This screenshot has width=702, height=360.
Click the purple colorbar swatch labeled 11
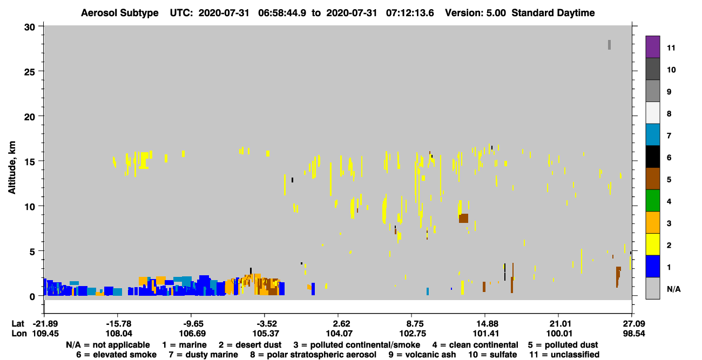coord(652,47)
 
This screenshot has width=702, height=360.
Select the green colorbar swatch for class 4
coord(652,201)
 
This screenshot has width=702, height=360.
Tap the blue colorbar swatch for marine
coord(652,266)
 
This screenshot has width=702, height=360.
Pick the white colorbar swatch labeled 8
coord(652,113)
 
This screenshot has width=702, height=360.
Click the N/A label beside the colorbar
coord(673,289)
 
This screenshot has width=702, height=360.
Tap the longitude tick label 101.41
coord(485,334)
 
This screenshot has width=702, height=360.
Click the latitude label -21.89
coord(46,324)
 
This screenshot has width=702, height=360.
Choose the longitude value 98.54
coord(633,334)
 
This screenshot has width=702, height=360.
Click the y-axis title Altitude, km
coord(12,168)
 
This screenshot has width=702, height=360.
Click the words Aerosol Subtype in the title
coord(120,13)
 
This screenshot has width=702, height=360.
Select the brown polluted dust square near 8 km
coord(463,219)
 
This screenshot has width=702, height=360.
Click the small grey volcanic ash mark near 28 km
coord(609,45)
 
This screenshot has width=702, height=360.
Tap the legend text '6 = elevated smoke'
coord(116,355)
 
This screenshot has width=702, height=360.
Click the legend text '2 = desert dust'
coord(250,345)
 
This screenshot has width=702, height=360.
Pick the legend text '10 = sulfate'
coord(492,355)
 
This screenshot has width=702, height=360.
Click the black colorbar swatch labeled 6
coord(652,157)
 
